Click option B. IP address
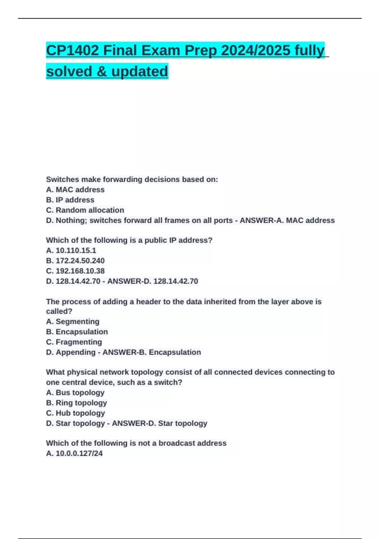tap(70, 200)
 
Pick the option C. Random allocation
tap(85, 210)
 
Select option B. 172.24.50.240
tap(75, 261)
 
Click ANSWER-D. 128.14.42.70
tap(153, 281)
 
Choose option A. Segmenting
tap(73, 321)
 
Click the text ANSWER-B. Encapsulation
tap(152, 352)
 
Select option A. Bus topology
tap(75, 393)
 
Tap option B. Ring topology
tap(76, 403)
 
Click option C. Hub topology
tap(75, 413)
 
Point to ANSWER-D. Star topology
tap(160, 423)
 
